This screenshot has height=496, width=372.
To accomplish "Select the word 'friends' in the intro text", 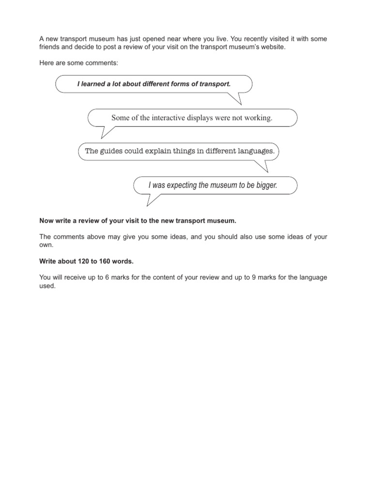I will tap(48, 46).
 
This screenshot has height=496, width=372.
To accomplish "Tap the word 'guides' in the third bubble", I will tap(114, 151).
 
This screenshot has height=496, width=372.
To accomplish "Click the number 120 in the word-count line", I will tap(82, 261).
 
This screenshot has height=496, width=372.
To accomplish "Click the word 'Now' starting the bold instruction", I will tap(45, 221).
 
